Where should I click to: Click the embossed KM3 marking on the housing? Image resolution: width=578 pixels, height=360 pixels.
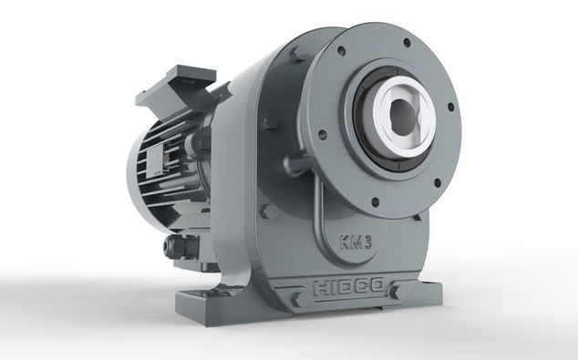[x=356, y=242]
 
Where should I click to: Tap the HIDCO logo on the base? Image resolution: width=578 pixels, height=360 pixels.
[x=348, y=287]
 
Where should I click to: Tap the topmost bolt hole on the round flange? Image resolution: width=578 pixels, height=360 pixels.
[x=407, y=42]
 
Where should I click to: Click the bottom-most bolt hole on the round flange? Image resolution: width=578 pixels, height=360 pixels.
[x=376, y=202]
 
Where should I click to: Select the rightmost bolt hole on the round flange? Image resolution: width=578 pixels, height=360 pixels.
[x=450, y=107]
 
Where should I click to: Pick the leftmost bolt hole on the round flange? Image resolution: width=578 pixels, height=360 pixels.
[x=322, y=135]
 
